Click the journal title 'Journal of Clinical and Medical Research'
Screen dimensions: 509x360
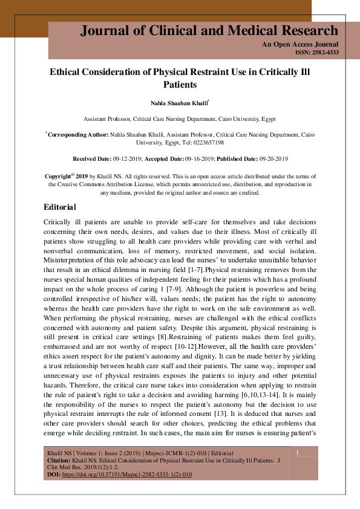click(x=209, y=31)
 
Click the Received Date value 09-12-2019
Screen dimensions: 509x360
click(x=126, y=158)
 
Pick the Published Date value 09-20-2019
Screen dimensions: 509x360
click(x=272, y=158)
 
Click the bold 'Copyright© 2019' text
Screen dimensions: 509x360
click(x=67, y=176)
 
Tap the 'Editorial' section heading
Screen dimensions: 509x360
click(x=60, y=207)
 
